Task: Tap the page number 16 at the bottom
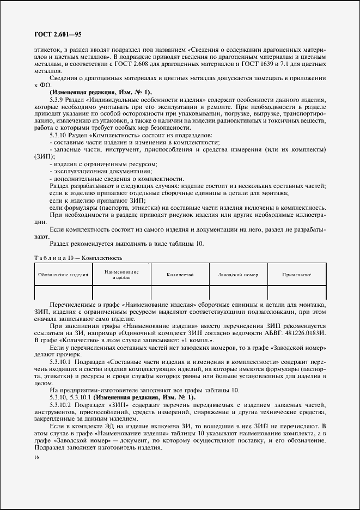coord(36,459)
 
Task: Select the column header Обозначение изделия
coord(63,275)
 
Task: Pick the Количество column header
coord(180,275)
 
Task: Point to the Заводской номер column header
coord(238,275)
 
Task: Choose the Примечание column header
coord(296,275)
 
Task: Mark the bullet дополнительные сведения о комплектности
coord(117,179)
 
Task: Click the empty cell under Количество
coord(180,293)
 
